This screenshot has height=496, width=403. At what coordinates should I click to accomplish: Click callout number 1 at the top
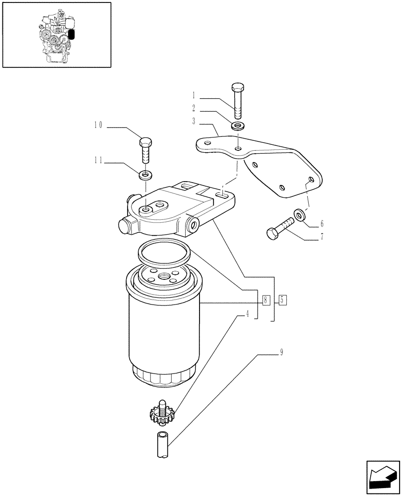pyautogui.click(x=194, y=94)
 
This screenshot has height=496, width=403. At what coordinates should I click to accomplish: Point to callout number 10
pyautogui.click(x=98, y=126)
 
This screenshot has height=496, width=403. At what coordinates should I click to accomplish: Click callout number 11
pyautogui.click(x=98, y=160)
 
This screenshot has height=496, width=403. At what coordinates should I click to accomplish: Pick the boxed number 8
pyautogui.click(x=266, y=300)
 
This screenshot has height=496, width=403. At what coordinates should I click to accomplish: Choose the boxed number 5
pyautogui.click(x=282, y=300)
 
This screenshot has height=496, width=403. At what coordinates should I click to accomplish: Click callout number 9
pyautogui.click(x=281, y=353)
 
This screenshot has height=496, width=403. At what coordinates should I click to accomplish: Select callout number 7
pyautogui.click(x=322, y=237)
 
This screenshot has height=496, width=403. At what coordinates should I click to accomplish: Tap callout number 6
pyautogui.click(x=322, y=223)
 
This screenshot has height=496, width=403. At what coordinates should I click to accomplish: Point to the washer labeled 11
pyautogui.click(x=145, y=175)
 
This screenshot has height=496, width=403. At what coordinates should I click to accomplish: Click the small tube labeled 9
pyautogui.click(x=162, y=445)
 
